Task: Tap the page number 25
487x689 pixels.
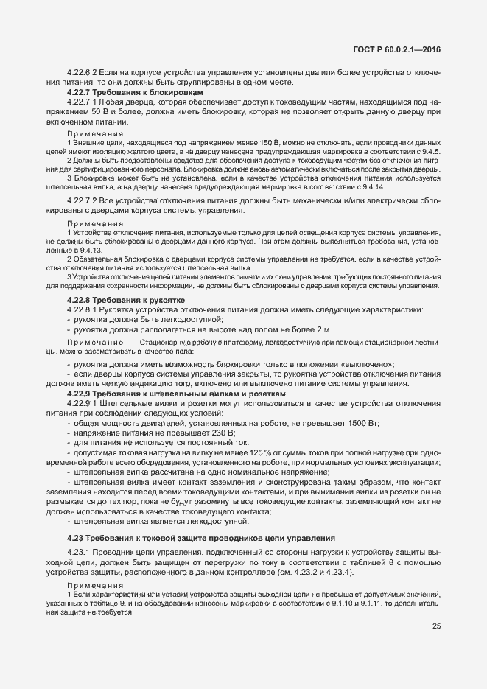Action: tap(437, 626)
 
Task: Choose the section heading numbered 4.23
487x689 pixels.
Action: tap(200, 537)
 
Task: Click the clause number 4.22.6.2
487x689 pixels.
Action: tap(83, 72)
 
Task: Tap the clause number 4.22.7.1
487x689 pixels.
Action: tap(83, 102)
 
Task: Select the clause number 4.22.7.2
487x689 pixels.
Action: tap(83, 200)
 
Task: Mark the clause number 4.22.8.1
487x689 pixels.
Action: tap(83, 309)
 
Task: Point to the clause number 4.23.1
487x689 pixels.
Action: tap(78, 553)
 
